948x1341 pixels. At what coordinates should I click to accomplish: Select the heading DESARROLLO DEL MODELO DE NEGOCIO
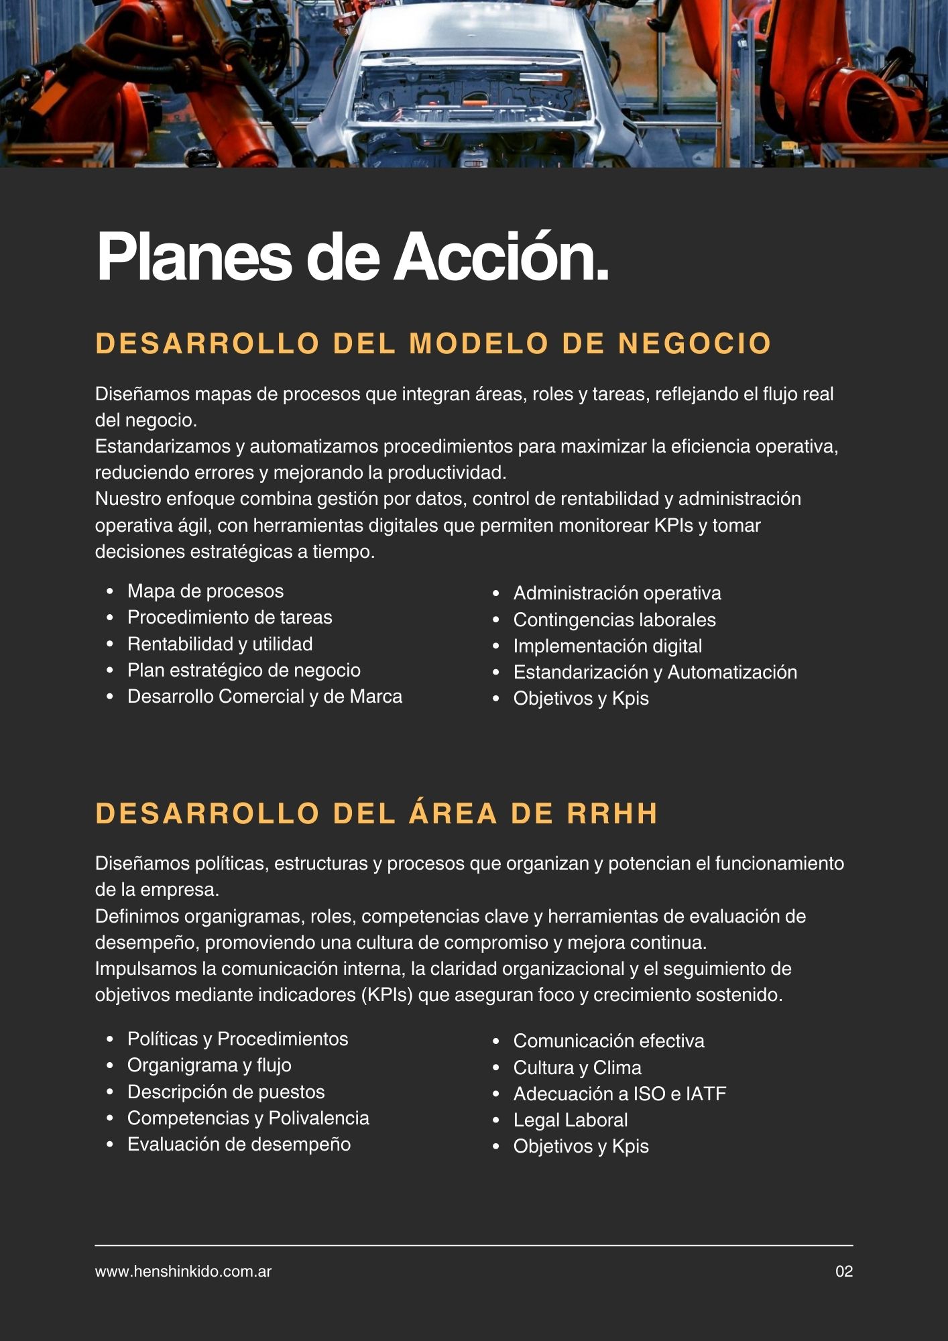click(x=433, y=343)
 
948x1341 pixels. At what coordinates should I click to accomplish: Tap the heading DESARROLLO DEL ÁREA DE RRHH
click(x=377, y=813)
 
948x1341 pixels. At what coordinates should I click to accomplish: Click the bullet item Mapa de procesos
click(x=205, y=591)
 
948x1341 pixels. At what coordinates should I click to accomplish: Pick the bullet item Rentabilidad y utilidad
click(x=220, y=644)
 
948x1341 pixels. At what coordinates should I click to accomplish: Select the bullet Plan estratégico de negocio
click(x=244, y=670)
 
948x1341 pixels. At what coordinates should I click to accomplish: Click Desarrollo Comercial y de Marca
click(x=265, y=697)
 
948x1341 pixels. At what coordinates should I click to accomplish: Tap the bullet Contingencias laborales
click(x=614, y=620)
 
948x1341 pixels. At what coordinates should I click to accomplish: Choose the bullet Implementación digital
click(x=607, y=646)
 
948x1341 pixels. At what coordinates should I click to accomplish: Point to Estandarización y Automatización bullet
click(x=655, y=673)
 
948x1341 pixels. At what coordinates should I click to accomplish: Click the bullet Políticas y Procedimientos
click(x=237, y=1039)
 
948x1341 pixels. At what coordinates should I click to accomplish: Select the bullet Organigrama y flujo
click(x=209, y=1065)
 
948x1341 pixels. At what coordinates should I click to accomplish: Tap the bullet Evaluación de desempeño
click(x=239, y=1145)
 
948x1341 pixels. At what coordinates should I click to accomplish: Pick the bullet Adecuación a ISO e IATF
click(x=619, y=1094)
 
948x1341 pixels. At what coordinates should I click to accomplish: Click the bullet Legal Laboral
click(x=571, y=1120)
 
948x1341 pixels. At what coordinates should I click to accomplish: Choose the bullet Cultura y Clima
click(x=577, y=1068)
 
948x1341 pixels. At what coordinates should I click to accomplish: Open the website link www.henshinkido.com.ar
click(x=183, y=1271)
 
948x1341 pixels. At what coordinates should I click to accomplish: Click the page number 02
click(x=844, y=1271)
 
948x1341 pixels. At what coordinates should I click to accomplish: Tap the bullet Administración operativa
click(x=617, y=593)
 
